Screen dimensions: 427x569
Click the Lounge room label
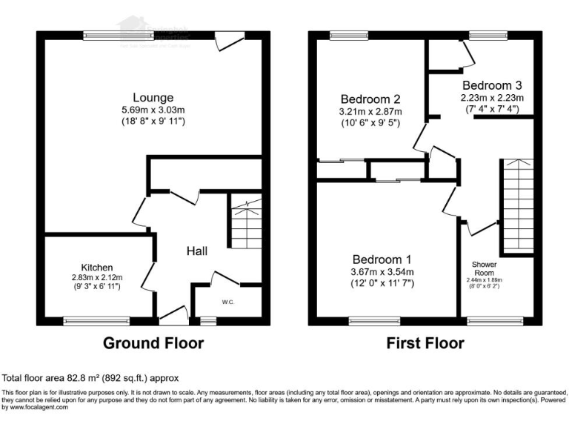point(153,97)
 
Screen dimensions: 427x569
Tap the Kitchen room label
point(97,267)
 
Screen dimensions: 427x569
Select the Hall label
point(196,251)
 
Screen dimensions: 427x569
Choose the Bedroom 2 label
point(370,99)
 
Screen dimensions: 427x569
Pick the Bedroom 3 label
point(492,85)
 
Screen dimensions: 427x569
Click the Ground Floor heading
point(153,343)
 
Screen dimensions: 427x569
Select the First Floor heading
point(425,343)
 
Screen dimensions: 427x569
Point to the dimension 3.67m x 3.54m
point(382,272)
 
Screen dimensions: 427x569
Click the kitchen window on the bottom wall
point(85,321)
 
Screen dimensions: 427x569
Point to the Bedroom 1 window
point(373,321)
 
